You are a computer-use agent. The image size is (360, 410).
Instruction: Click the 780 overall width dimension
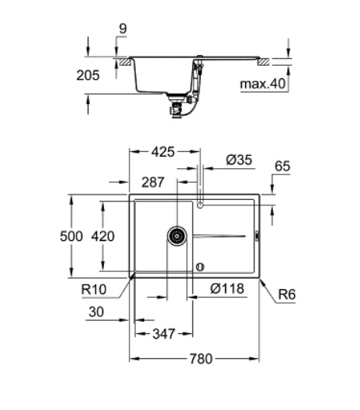click(201, 358)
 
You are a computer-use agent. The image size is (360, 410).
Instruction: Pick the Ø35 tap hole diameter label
click(239, 160)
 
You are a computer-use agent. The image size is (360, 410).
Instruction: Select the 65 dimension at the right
click(282, 167)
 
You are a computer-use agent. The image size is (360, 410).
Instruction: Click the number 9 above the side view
click(123, 29)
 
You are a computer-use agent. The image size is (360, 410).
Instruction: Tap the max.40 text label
click(261, 84)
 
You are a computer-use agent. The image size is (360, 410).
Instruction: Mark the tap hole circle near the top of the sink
click(201, 205)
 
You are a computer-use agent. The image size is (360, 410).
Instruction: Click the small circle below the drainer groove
click(200, 267)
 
